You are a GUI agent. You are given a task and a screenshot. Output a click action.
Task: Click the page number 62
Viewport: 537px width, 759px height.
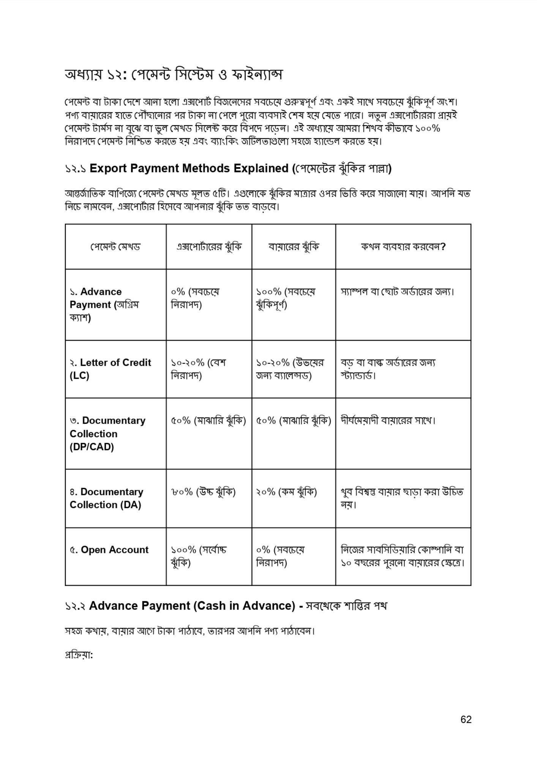click(x=466, y=719)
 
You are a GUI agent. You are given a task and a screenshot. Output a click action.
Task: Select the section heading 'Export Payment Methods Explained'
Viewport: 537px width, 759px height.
click(x=189, y=168)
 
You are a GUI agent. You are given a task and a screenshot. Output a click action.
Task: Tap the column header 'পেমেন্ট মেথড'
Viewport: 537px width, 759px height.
click(x=115, y=247)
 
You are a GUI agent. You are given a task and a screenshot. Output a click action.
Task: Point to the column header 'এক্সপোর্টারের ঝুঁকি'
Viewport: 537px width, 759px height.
click(x=209, y=247)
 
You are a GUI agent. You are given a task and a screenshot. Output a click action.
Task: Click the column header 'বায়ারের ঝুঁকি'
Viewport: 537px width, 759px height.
click(x=294, y=247)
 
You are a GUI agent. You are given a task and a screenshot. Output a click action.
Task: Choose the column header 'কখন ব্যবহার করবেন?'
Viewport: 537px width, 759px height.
click(x=403, y=247)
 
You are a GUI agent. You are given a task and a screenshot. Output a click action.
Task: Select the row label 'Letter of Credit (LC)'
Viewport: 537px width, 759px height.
click(x=110, y=369)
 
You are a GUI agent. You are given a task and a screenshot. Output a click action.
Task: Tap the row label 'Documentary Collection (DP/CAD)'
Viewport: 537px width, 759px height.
click(x=107, y=433)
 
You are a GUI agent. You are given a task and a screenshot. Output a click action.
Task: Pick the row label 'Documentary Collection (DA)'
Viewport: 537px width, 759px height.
click(x=106, y=498)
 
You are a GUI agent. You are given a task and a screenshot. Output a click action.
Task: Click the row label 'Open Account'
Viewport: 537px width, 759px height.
click(x=109, y=550)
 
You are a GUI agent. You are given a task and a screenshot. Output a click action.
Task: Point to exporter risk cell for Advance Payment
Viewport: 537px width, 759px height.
click(x=195, y=298)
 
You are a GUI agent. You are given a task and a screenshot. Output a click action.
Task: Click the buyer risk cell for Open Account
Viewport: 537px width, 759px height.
click(x=280, y=556)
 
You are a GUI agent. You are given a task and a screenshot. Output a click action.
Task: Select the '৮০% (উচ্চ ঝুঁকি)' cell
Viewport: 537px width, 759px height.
click(x=203, y=492)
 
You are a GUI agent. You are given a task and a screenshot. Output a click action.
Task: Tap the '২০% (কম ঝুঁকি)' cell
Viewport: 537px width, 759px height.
click(x=286, y=492)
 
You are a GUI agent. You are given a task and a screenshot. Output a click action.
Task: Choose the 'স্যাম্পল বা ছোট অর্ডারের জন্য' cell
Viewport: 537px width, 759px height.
click(x=398, y=292)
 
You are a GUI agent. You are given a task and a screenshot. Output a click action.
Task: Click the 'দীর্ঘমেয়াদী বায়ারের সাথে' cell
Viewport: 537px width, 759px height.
click(x=388, y=420)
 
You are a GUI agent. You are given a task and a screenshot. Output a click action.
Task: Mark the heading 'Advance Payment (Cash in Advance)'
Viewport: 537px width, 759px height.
click(x=192, y=605)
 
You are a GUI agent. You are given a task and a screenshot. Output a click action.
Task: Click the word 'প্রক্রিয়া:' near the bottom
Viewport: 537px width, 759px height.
click(x=79, y=655)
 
